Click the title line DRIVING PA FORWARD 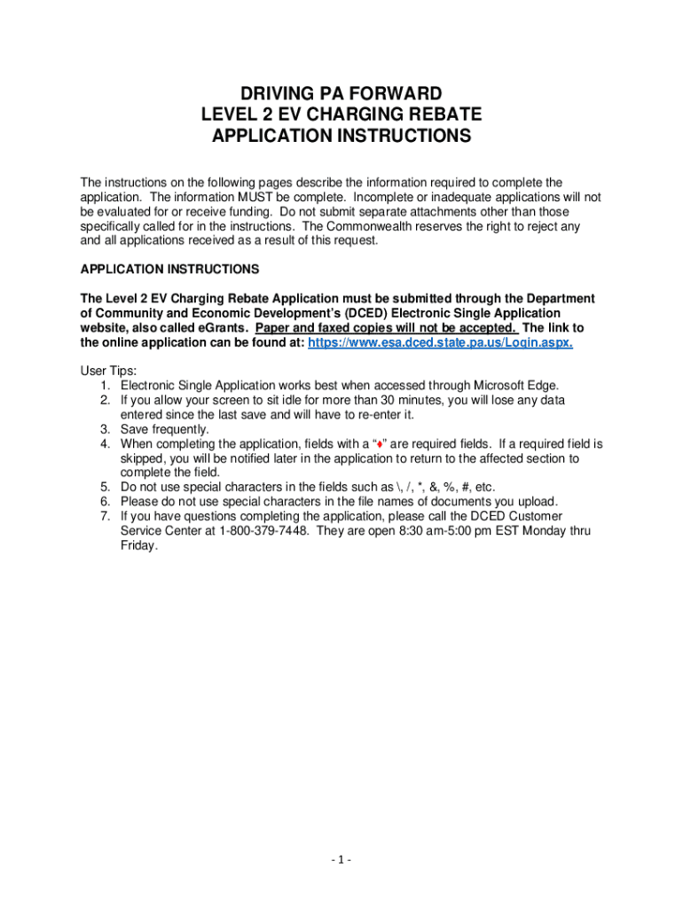pos(341,94)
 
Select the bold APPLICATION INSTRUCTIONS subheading pos(169,268)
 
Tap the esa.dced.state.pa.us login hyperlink pos(440,342)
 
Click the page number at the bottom pos(341,860)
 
